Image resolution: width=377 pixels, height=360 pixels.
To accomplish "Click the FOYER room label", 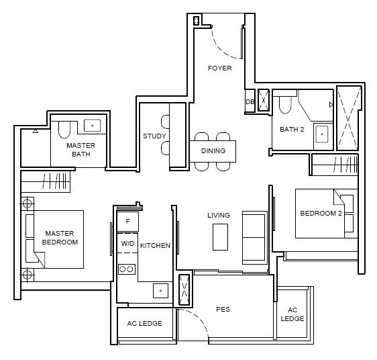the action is tap(220, 68).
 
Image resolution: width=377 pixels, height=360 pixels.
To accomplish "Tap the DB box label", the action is tap(250, 102).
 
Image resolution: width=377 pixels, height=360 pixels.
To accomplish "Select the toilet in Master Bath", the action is tap(64, 130).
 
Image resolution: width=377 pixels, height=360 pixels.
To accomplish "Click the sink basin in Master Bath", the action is tap(92, 126).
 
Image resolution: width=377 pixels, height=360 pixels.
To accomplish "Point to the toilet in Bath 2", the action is tap(285, 105).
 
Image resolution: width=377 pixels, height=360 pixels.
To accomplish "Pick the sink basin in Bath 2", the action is tap(322, 134).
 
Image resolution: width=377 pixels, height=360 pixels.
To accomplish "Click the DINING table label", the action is tap(213, 151).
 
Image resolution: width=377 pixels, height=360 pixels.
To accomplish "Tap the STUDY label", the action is tap(154, 136).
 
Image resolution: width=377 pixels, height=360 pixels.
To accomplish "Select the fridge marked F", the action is tap(127, 222).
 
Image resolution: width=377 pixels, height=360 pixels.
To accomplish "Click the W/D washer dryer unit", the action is tap(127, 243).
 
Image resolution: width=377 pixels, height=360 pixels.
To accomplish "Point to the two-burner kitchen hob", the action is tap(127, 269).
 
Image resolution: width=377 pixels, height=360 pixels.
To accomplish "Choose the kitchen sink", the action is tap(160, 291).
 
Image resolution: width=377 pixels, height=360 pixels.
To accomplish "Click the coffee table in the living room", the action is tap(220, 237).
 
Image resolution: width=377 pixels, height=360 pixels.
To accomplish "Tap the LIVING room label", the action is tap(219, 216).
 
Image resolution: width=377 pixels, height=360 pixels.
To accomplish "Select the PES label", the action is tap(223, 309).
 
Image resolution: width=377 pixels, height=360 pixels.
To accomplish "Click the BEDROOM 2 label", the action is tap(321, 214).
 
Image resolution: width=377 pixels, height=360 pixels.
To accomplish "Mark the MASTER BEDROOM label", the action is tap(60, 238).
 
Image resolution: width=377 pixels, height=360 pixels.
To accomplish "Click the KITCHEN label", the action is tap(155, 246).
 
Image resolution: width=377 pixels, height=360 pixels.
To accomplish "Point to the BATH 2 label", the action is tap(292, 130).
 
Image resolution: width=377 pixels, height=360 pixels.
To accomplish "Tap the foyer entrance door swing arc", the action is tap(221, 49).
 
